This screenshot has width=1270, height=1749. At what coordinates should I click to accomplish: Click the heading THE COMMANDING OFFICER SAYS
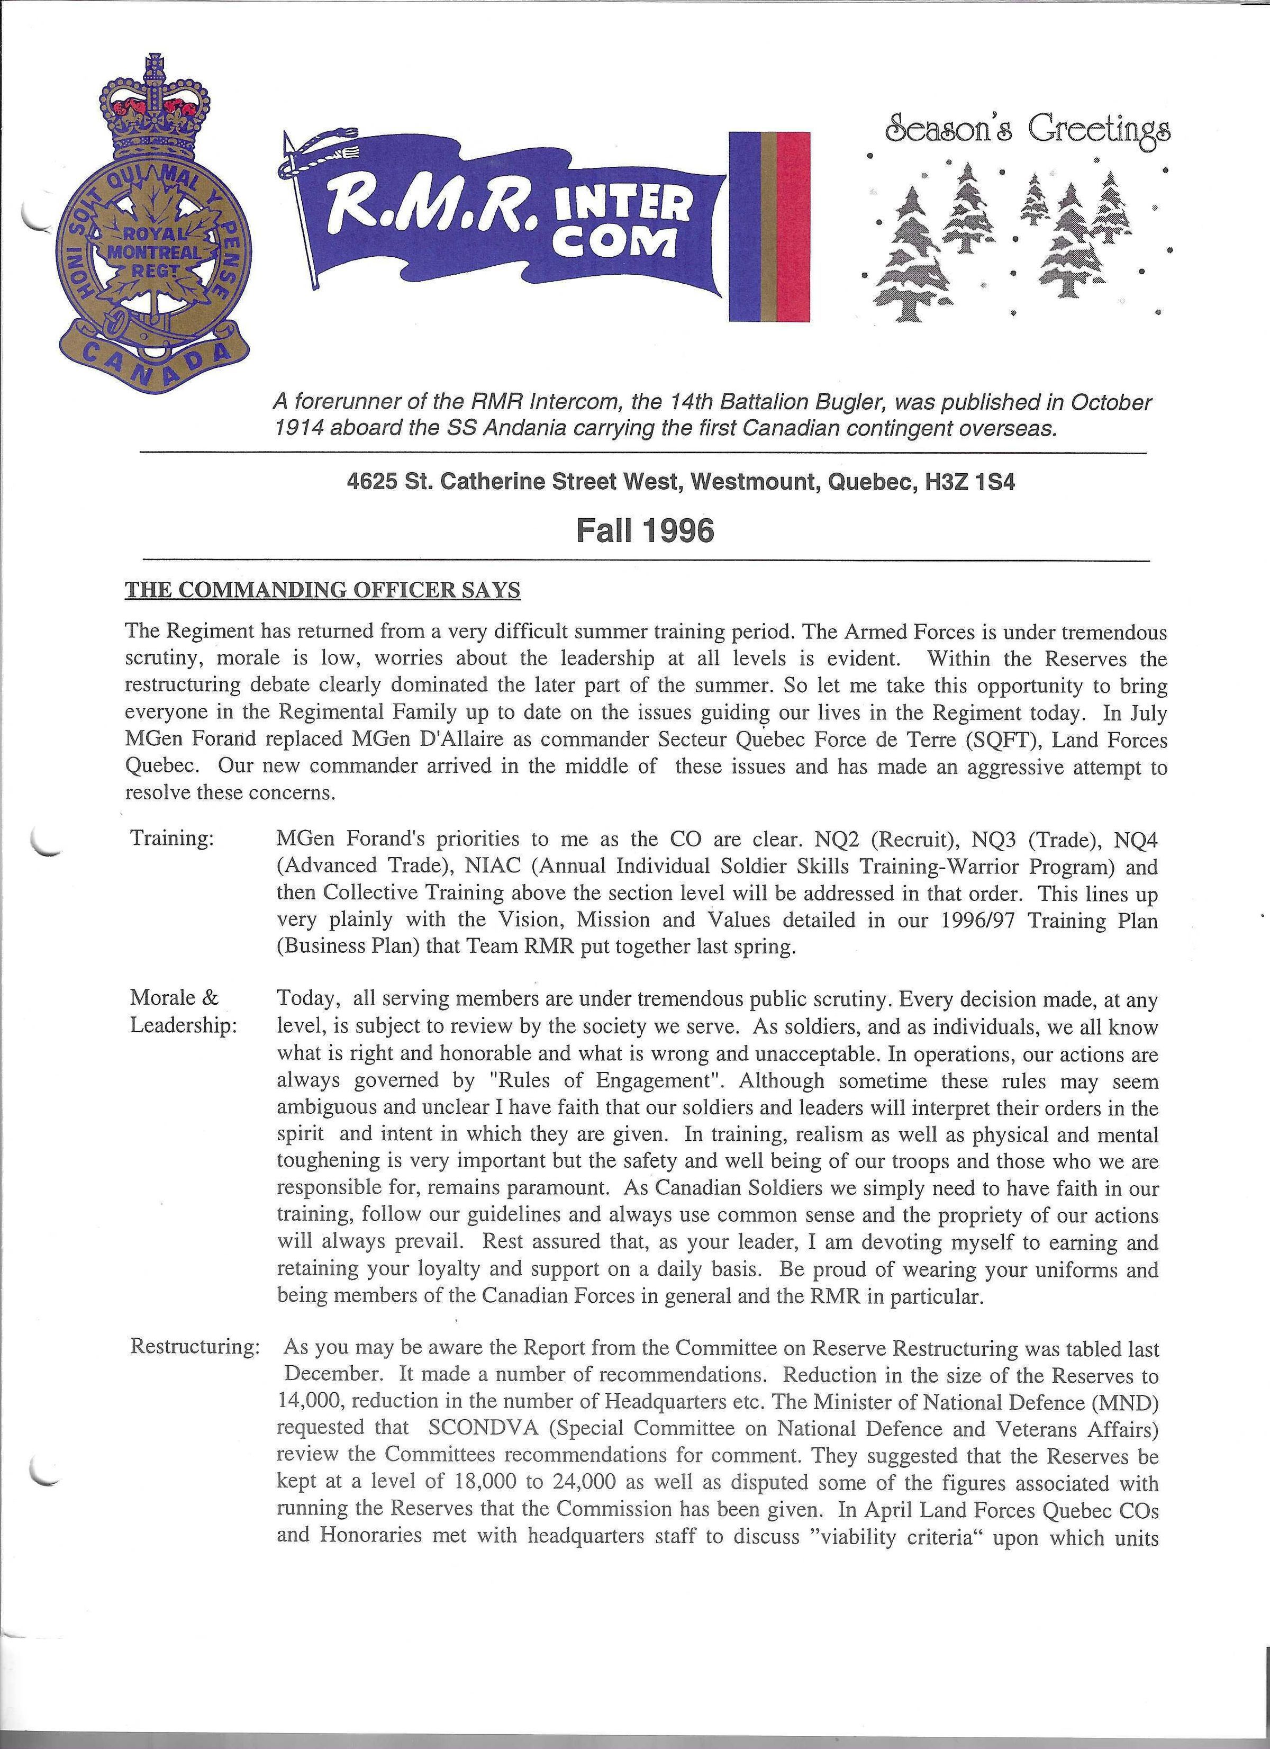(x=322, y=591)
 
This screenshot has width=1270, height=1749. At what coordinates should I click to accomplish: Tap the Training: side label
(x=171, y=839)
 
